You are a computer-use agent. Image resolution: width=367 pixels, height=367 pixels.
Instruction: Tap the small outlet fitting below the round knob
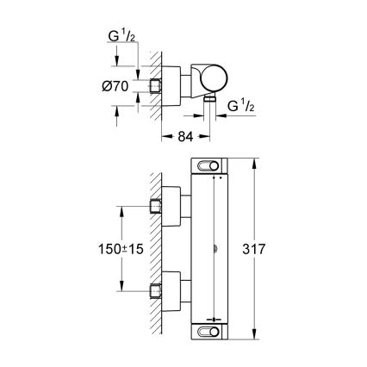[209, 101]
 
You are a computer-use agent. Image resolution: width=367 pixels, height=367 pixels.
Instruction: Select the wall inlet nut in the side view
[156, 86]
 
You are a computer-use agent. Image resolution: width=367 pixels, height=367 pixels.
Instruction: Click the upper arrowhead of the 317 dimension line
[256, 161]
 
